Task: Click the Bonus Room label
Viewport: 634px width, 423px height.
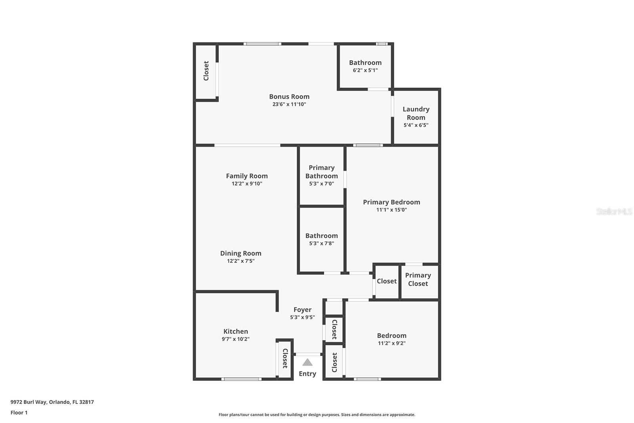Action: click(x=289, y=97)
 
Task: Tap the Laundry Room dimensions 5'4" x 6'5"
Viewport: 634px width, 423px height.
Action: click(x=416, y=125)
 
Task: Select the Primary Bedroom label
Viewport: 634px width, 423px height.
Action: click(x=391, y=202)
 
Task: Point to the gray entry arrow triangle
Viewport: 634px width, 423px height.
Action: click(x=307, y=362)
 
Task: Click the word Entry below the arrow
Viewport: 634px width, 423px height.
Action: click(x=307, y=374)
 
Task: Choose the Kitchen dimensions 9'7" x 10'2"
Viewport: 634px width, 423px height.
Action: click(x=236, y=339)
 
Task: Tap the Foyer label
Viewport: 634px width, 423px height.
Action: click(x=302, y=310)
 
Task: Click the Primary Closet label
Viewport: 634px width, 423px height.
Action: click(x=418, y=279)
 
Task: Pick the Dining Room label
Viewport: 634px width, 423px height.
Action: click(x=241, y=253)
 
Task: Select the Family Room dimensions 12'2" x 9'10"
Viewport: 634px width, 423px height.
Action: click(x=247, y=184)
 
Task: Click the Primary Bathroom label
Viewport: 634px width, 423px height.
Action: click(x=321, y=172)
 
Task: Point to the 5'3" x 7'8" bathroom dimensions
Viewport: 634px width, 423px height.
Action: click(x=321, y=243)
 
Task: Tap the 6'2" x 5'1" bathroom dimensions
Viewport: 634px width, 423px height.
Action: click(x=365, y=71)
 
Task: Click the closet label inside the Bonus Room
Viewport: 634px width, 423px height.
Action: click(x=206, y=71)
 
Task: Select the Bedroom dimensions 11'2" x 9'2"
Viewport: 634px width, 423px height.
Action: click(x=391, y=343)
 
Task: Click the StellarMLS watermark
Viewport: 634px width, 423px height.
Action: click(x=614, y=211)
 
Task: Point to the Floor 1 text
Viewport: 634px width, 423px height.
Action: click(x=19, y=413)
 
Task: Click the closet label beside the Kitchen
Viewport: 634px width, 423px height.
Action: click(x=285, y=358)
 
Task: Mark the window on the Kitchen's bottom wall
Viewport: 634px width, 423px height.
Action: click(x=241, y=379)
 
